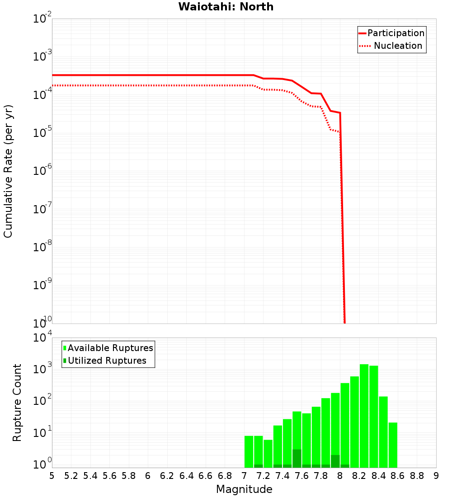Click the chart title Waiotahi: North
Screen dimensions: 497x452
226,7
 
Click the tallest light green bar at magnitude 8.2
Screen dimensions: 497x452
364,416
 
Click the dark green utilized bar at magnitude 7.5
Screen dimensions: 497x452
297,459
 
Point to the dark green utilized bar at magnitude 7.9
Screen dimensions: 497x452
335,461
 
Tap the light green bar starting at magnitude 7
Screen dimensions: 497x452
249,452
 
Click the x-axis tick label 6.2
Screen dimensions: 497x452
167,476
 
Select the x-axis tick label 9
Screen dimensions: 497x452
436,476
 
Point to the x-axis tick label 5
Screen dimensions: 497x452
52,476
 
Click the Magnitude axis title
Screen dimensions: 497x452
244,489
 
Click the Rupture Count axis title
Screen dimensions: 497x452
17,402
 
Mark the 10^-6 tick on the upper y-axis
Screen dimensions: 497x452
42,171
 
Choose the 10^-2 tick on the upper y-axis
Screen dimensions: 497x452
42,19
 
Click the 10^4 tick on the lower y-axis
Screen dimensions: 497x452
42,338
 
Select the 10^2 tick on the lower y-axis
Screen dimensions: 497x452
42,402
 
